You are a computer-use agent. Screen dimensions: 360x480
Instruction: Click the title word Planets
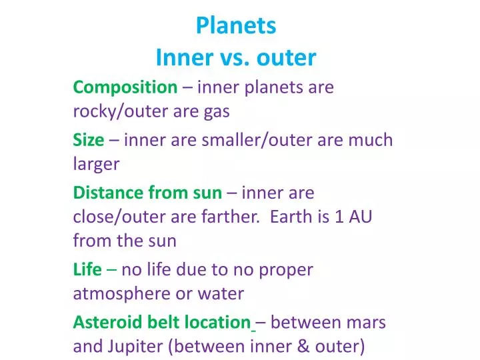[235, 25]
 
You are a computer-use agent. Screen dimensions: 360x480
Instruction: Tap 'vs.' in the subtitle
[234, 58]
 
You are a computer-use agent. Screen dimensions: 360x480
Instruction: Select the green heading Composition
[125, 87]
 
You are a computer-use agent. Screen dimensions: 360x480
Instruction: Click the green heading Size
[88, 140]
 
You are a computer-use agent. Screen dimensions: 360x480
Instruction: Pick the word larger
[96, 165]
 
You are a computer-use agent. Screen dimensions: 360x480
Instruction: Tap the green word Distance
[107, 193]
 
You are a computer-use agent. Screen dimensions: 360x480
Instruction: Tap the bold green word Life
[87, 270]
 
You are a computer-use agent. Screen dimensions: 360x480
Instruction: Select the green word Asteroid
[105, 323]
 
